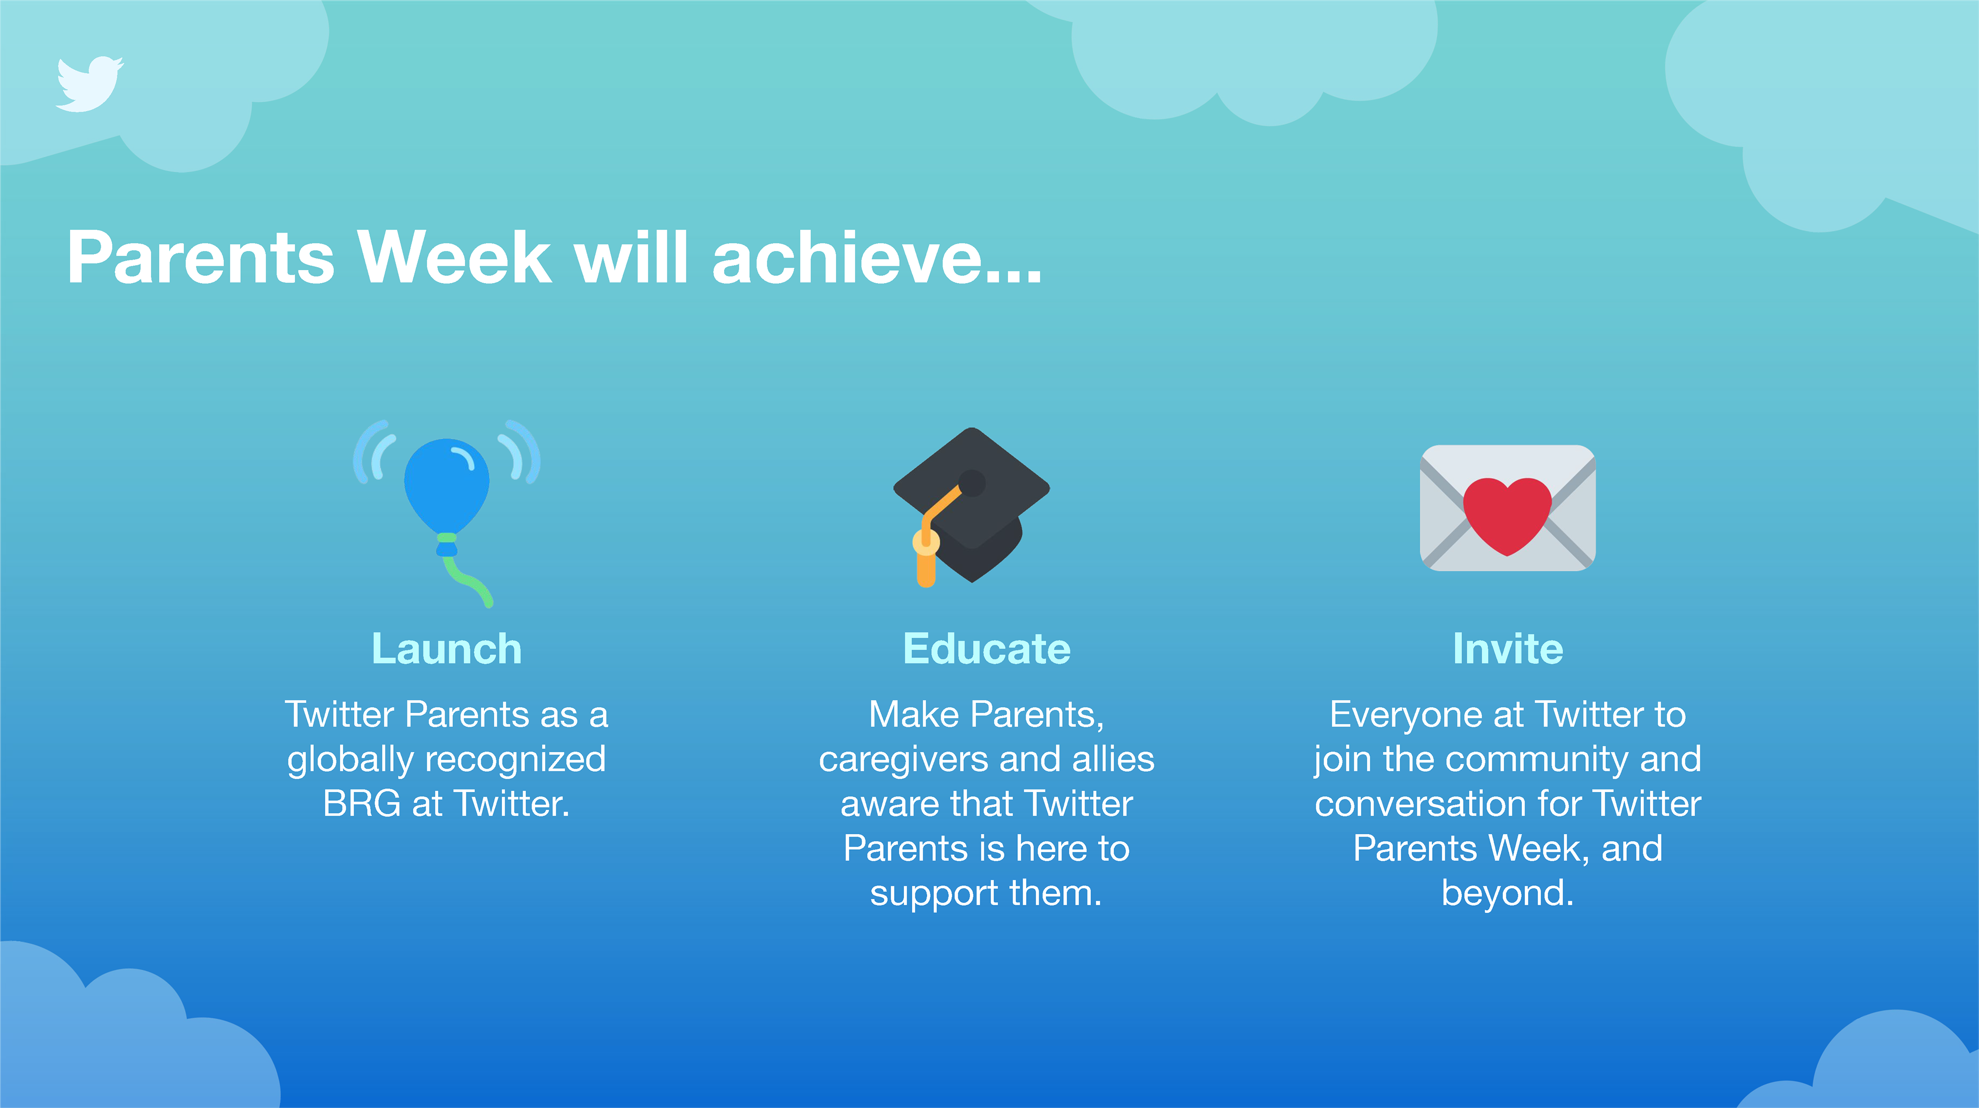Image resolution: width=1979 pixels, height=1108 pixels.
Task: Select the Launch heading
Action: click(446, 649)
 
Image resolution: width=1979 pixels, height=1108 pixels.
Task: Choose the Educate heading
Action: click(986, 649)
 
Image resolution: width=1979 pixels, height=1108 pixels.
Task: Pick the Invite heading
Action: click(1508, 649)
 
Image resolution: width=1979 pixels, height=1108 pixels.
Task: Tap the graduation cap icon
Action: click(972, 507)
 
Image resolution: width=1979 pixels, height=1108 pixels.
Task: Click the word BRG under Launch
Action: click(362, 804)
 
